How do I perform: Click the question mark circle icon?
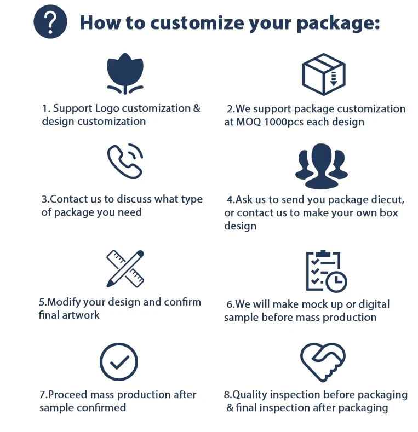50,22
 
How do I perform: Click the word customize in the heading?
197,22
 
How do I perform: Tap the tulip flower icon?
125,73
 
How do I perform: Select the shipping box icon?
324,74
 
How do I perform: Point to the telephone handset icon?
124,162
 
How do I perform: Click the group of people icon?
322,166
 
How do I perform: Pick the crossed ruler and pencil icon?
125,269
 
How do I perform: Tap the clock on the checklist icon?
336,281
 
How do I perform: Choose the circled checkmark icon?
119,362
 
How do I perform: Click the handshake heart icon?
323,362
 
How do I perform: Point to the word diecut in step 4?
388,200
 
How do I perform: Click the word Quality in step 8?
249,395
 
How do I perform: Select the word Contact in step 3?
67,199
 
